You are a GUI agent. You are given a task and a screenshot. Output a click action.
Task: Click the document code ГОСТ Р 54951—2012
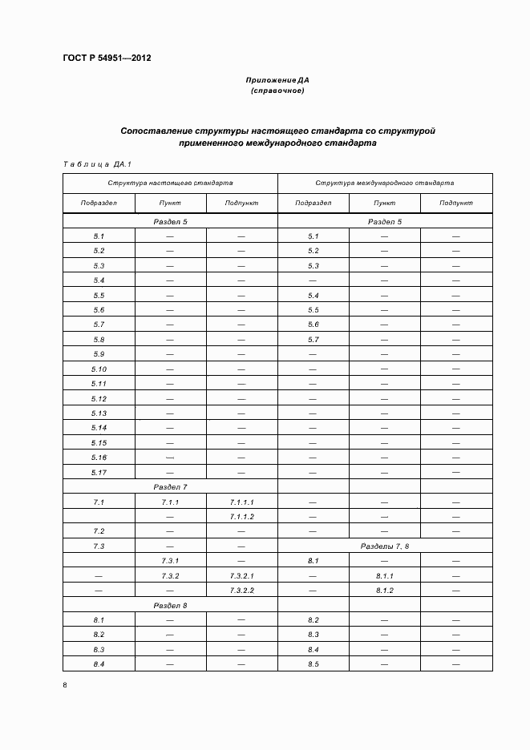(x=107, y=58)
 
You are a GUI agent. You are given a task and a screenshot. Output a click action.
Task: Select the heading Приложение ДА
(x=277, y=81)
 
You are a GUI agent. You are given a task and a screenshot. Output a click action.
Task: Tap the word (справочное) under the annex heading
(x=277, y=91)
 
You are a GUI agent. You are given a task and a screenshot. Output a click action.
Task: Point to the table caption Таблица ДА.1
(x=97, y=164)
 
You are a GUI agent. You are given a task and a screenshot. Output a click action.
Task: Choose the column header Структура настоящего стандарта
(x=170, y=183)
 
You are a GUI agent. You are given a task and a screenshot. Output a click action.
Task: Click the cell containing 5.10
(x=99, y=369)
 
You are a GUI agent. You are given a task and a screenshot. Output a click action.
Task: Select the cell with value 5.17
(x=99, y=472)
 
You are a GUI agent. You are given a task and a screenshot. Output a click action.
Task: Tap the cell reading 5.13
(x=99, y=413)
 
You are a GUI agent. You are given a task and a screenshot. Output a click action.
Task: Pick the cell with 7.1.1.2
(x=241, y=517)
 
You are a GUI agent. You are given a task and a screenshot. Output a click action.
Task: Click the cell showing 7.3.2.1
(x=241, y=576)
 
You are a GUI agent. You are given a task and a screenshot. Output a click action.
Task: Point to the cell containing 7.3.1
(x=170, y=561)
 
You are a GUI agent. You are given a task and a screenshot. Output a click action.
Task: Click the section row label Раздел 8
(x=170, y=605)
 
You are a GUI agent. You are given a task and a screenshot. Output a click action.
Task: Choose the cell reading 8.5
(x=314, y=664)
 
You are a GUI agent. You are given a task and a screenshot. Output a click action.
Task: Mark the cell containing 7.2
(x=99, y=531)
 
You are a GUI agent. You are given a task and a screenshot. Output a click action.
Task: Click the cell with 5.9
(x=99, y=354)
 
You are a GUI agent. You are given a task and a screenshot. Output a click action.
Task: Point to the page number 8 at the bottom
(x=65, y=685)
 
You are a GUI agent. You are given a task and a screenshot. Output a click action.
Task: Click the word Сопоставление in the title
(x=157, y=130)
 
